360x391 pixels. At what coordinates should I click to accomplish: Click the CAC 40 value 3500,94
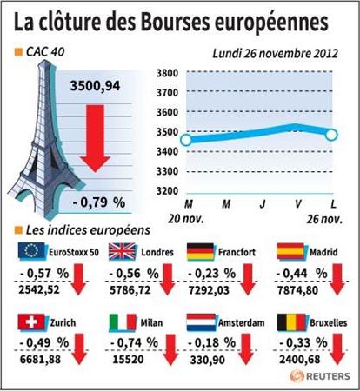point(95,86)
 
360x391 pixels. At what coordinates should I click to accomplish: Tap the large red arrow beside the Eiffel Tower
point(96,138)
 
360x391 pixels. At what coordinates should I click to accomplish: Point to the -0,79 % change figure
point(99,202)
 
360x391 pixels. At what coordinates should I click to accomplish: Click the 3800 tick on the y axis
point(167,73)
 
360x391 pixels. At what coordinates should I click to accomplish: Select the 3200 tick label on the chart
point(167,191)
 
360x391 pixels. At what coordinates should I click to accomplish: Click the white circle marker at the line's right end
point(331,135)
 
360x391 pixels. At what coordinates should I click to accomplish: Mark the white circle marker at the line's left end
point(186,141)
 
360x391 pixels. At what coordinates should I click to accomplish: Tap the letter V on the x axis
point(297,204)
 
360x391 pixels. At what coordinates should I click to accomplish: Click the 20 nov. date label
point(186,219)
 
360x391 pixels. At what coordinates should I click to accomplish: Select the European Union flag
point(32,251)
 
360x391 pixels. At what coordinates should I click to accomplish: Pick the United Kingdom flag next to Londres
point(123,251)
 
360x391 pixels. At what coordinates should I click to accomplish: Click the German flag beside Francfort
point(201,251)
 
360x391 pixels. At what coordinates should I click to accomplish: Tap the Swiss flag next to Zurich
point(31,322)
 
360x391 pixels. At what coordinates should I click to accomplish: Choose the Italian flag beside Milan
point(123,322)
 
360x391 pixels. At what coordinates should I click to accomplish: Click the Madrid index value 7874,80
point(297,290)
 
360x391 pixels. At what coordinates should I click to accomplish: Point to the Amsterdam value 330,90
point(208,360)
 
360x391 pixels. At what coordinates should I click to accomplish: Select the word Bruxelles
point(329,323)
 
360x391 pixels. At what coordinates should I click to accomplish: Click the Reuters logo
point(320,376)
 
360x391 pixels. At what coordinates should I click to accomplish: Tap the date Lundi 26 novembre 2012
point(276,54)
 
